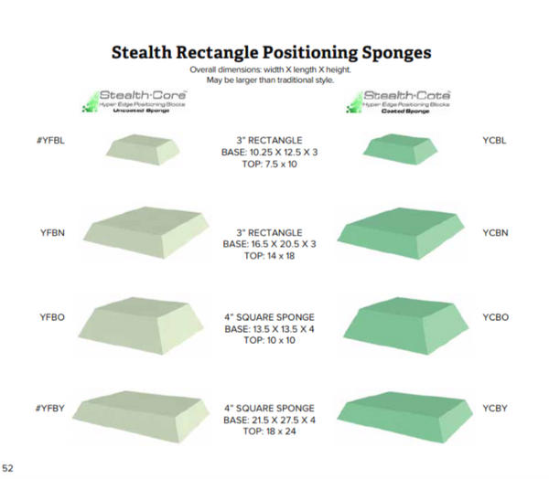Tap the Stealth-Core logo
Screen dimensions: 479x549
[x=136, y=101]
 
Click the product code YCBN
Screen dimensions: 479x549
[x=495, y=233]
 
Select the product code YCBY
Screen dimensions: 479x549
[x=495, y=407]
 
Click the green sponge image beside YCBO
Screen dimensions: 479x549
[x=401, y=322]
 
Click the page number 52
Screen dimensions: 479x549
[x=8, y=467]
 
